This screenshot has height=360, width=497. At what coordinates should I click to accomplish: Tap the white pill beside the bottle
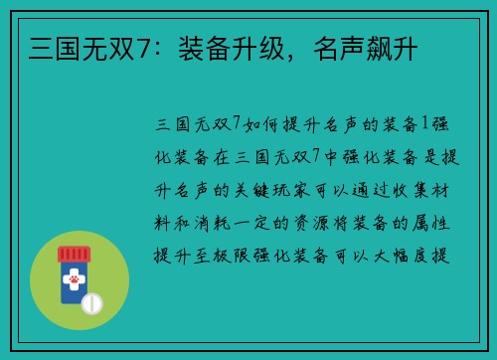[x=93, y=301]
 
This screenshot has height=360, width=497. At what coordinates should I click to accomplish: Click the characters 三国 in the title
[x=42, y=47]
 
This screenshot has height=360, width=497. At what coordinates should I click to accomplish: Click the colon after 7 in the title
[x=153, y=47]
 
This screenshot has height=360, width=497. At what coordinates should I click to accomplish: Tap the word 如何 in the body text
[x=257, y=126]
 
